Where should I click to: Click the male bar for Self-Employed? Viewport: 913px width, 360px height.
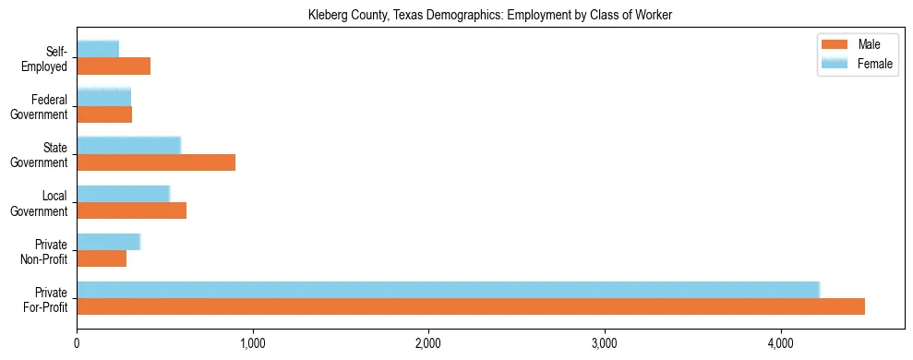tap(114, 66)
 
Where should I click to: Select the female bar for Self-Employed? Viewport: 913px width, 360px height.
tap(98, 49)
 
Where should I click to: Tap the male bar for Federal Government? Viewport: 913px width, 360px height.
tap(104, 114)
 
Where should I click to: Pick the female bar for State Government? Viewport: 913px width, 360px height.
tap(128, 145)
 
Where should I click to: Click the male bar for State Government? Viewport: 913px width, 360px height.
tap(156, 162)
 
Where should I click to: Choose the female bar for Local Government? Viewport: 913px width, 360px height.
tap(123, 194)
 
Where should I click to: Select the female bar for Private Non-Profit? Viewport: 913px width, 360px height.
tap(108, 242)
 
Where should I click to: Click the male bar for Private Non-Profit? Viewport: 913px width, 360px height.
tap(102, 259)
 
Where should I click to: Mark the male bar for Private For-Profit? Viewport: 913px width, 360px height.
tap(471, 307)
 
